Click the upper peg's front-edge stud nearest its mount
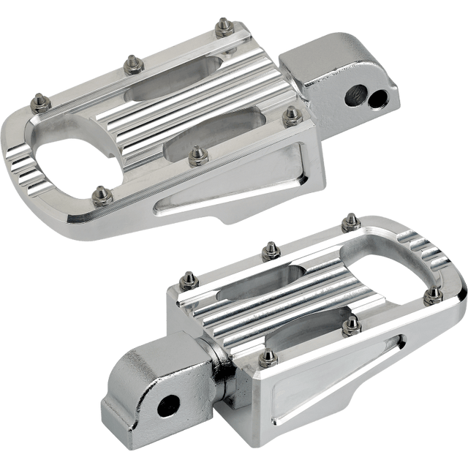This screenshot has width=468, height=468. [x=292, y=113]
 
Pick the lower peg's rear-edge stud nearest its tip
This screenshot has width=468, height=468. [x=350, y=219]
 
